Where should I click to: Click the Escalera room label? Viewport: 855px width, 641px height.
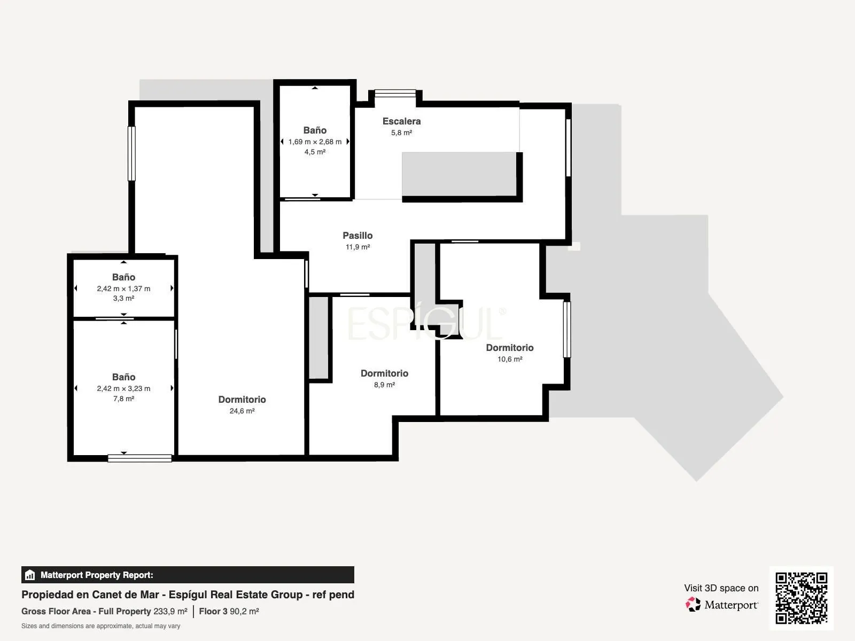[401, 121]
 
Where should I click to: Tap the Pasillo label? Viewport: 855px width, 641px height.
[357, 236]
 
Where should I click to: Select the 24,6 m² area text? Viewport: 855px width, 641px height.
[242, 411]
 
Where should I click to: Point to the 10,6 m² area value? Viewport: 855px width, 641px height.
[509, 359]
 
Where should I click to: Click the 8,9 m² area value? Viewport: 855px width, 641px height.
[384, 385]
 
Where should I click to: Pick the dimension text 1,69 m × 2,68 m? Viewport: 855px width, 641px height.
[315, 142]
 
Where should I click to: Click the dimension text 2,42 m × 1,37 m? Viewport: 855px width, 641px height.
[123, 289]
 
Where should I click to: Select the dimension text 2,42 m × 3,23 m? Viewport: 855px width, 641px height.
[123, 388]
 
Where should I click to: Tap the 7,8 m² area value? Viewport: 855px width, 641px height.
[123, 398]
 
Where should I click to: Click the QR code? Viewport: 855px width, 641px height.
[801, 598]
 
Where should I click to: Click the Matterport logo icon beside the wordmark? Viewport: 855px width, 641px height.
[693, 605]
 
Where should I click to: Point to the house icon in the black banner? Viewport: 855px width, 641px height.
[30, 575]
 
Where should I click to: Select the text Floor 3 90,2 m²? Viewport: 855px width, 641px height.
[229, 612]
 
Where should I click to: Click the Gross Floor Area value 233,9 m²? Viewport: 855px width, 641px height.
[170, 612]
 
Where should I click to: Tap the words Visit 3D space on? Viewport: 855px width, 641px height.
[721, 588]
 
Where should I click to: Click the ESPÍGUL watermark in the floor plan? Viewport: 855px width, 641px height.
[426, 323]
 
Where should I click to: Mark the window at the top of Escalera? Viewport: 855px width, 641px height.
[395, 93]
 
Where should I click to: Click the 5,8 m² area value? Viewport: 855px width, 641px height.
[401, 132]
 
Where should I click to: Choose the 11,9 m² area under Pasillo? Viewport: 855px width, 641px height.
[357, 247]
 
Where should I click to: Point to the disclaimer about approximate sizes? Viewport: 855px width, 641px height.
[100, 626]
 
